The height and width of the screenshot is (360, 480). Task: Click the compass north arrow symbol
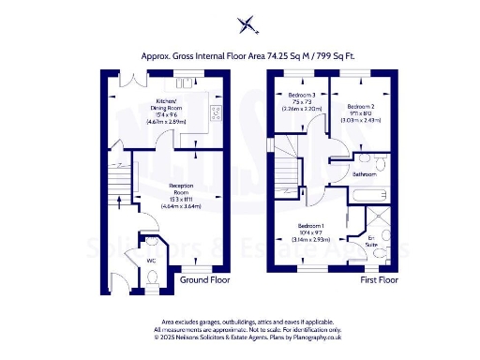pyautogui.click(x=247, y=24)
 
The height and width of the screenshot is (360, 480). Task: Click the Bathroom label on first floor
pyautogui.click(x=364, y=174)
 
